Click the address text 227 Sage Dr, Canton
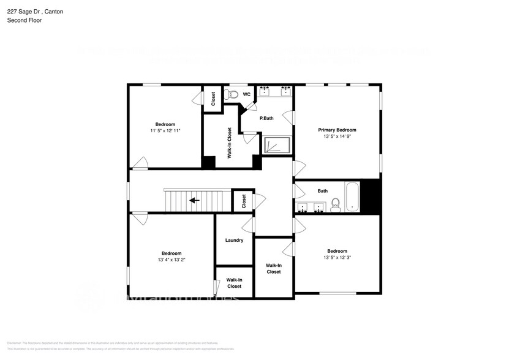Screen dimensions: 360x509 pos(34,12)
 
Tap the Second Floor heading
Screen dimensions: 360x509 pos(25,20)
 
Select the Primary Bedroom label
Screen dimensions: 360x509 pos(337,130)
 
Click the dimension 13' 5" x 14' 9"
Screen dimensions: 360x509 pos(337,137)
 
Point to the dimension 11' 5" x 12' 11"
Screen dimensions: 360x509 pos(165,130)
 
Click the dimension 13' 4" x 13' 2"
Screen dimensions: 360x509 pos(171,260)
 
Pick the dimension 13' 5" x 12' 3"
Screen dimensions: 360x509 pos(337,257)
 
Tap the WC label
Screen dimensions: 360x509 pos(246,94)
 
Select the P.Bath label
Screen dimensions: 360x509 pos(266,118)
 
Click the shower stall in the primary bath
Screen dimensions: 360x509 pos(277,145)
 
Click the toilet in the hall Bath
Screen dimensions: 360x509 pos(336,204)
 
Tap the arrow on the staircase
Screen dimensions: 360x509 pos(195,200)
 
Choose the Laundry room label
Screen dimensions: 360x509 pos(234,240)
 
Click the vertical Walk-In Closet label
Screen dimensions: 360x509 pos(229,143)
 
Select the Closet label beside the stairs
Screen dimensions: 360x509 pos(243,201)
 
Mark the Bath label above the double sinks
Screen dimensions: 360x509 pos(322,191)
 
